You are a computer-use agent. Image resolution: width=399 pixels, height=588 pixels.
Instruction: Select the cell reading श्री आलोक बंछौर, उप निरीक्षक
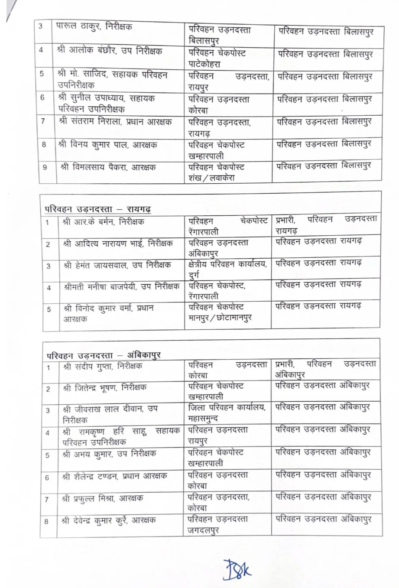coord(109,50)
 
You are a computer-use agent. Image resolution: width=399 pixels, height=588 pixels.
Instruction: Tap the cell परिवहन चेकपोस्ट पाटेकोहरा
coord(217,58)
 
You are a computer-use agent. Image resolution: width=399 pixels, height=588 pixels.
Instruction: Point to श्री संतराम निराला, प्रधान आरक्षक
coord(115,122)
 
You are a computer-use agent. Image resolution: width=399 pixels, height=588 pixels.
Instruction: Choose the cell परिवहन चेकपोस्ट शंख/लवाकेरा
coord(217,172)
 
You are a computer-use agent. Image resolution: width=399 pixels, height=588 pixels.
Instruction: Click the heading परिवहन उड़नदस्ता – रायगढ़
coord(98,209)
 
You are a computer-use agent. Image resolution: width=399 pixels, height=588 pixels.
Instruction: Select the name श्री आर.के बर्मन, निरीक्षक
coord(103,222)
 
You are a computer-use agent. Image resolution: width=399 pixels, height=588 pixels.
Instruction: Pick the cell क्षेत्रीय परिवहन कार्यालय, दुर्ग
coord(227,269)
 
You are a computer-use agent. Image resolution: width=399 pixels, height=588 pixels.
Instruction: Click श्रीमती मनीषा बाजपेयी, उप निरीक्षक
coord(121,287)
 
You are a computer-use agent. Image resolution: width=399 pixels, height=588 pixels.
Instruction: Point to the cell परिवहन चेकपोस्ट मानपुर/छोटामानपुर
coord(220,312)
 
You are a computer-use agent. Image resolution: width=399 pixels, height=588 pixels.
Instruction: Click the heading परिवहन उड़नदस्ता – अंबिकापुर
coord(104,355)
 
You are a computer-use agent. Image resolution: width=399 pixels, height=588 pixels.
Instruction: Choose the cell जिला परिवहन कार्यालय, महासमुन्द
coord(227,413)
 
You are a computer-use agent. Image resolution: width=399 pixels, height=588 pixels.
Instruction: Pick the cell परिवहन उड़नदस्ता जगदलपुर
coord(218,524)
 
